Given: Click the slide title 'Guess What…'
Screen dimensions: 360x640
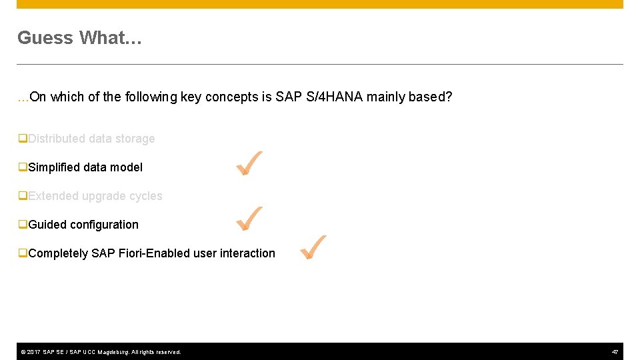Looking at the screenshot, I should [79, 38].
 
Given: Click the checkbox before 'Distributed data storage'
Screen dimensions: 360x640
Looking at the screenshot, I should [23, 139].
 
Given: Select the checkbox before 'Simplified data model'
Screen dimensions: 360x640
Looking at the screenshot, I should [23, 167].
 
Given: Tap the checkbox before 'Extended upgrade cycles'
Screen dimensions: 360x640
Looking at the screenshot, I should [23, 196].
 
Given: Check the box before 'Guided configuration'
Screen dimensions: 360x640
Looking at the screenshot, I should [23, 225].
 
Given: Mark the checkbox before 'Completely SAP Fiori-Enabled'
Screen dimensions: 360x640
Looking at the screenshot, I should [23, 253].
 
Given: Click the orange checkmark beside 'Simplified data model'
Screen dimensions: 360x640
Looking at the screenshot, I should [249, 163].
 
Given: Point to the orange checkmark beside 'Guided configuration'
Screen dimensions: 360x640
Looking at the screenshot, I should [249, 219].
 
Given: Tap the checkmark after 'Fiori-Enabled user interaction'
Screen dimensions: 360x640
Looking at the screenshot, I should [313, 247].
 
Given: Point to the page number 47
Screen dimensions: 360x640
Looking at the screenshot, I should [615, 351].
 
